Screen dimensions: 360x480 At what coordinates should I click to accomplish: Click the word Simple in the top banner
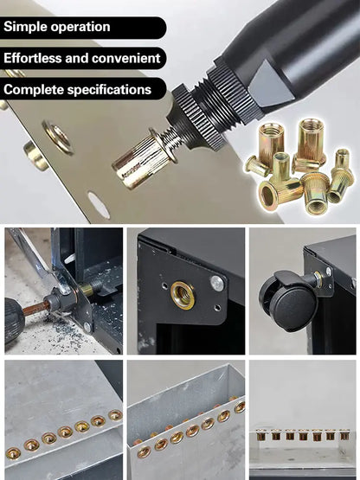25,28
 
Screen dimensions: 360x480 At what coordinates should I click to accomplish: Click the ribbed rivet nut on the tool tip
145,159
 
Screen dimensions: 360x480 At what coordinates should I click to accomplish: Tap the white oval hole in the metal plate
99,205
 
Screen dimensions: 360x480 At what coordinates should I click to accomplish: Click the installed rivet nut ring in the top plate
58,138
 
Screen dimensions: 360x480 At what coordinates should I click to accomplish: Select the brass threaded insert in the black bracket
183,295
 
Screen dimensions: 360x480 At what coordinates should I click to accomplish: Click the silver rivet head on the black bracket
217,283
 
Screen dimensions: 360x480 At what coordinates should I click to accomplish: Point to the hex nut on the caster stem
318,279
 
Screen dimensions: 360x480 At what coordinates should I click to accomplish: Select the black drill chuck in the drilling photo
14,320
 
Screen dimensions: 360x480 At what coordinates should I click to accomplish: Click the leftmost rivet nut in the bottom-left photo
13,453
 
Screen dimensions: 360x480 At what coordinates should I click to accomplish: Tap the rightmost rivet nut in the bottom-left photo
115,415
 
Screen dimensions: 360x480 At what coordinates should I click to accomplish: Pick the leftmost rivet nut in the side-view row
261,434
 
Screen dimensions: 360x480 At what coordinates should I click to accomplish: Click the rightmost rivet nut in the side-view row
344,434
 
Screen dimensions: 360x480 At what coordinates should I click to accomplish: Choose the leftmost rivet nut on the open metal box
145,451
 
